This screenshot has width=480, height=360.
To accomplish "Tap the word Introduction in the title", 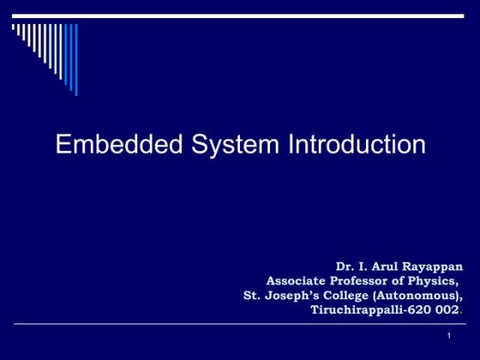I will (356, 144).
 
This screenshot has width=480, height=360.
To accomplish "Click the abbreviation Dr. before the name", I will (345, 267).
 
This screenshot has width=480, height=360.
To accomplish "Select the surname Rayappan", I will (436, 267).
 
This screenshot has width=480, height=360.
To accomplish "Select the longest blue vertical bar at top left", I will (75, 58).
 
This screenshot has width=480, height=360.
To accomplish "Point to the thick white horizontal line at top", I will (240, 15).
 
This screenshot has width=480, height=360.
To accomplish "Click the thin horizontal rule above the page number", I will (240, 324).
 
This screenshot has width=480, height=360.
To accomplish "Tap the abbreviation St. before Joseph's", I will (253, 295).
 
